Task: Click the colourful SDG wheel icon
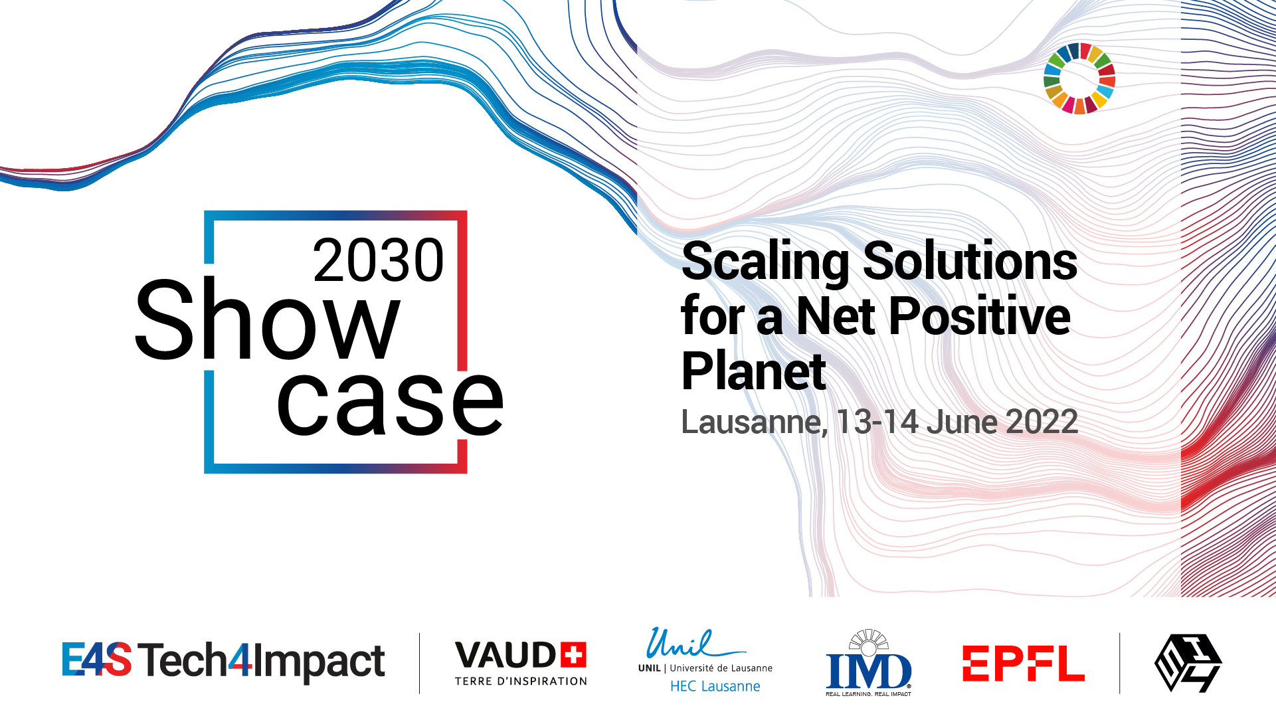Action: (x=1079, y=78)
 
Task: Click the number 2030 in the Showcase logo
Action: (x=378, y=260)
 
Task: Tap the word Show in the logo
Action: (x=268, y=319)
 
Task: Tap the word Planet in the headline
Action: (x=754, y=371)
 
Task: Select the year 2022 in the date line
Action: (x=1042, y=422)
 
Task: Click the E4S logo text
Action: (x=97, y=659)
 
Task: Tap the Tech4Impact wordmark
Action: (x=262, y=662)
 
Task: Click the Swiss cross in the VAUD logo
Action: (x=573, y=654)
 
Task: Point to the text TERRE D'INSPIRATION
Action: (x=521, y=681)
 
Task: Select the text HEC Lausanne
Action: (x=715, y=686)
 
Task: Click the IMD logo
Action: (x=869, y=663)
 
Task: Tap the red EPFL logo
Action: (x=1024, y=664)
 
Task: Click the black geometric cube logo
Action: (x=1188, y=663)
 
